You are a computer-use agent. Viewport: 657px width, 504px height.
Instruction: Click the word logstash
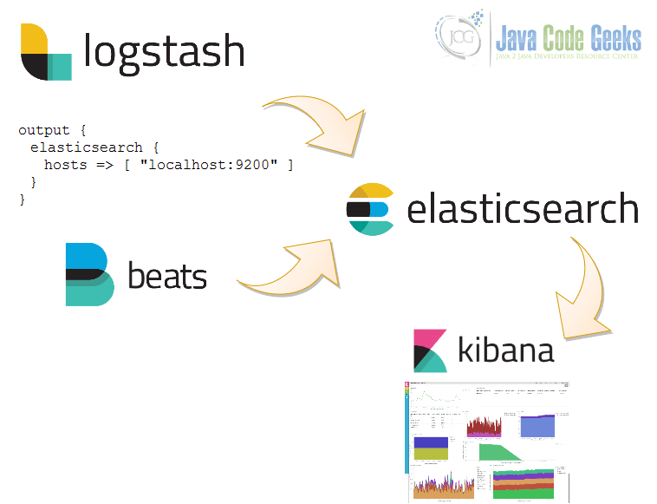(x=164, y=52)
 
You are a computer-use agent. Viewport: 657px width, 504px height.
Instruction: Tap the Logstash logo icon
(x=46, y=52)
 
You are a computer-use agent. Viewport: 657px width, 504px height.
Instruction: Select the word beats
(x=167, y=277)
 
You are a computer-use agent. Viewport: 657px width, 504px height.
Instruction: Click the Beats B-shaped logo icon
(x=89, y=274)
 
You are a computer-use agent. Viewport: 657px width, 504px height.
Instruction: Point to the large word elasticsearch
(x=522, y=210)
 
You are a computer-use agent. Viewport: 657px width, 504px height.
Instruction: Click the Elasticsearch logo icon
(x=371, y=210)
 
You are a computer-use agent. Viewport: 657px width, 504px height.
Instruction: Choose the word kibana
(x=506, y=350)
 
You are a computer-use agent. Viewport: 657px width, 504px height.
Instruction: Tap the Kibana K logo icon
(x=430, y=350)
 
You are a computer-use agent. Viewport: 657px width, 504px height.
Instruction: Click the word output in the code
(x=41, y=130)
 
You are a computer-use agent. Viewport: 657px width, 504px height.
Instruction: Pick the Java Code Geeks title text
(x=569, y=37)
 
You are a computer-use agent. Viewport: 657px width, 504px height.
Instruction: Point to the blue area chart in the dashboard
(x=537, y=425)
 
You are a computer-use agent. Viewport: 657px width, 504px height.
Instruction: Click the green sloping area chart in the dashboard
(x=504, y=452)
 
